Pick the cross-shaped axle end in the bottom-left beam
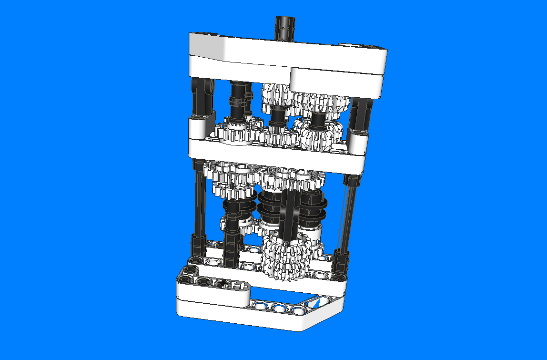(223, 284)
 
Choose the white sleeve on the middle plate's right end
(358, 140)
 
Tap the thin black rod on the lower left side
(200, 200)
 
